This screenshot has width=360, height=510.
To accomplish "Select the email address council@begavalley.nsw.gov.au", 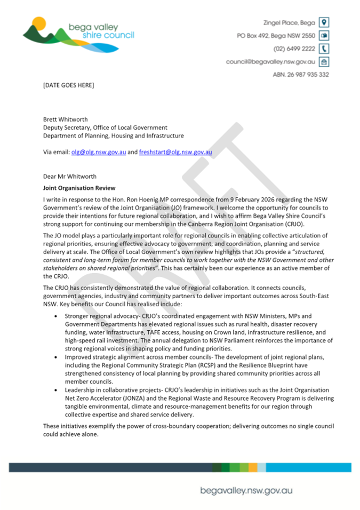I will click(270, 62).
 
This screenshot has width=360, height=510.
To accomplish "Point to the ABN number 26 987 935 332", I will click(301, 75).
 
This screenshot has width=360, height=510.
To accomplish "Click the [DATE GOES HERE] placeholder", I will click(68, 85).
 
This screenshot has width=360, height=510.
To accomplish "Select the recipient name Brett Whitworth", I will click(66, 119).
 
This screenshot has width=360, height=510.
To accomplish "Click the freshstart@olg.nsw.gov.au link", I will click(175, 152).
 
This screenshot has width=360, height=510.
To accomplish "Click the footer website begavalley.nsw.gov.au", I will click(246, 490).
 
